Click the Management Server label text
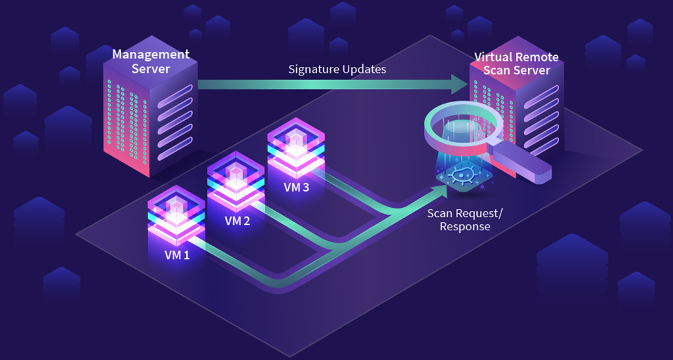tap(150, 61)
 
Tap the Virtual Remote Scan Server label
tap(512, 63)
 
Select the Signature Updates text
tap(337, 69)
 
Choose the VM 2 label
tap(237, 221)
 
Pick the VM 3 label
tap(296, 187)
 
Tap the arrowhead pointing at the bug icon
tap(438, 191)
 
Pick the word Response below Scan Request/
tap(465, 227)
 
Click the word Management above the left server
tap(151, 54)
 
